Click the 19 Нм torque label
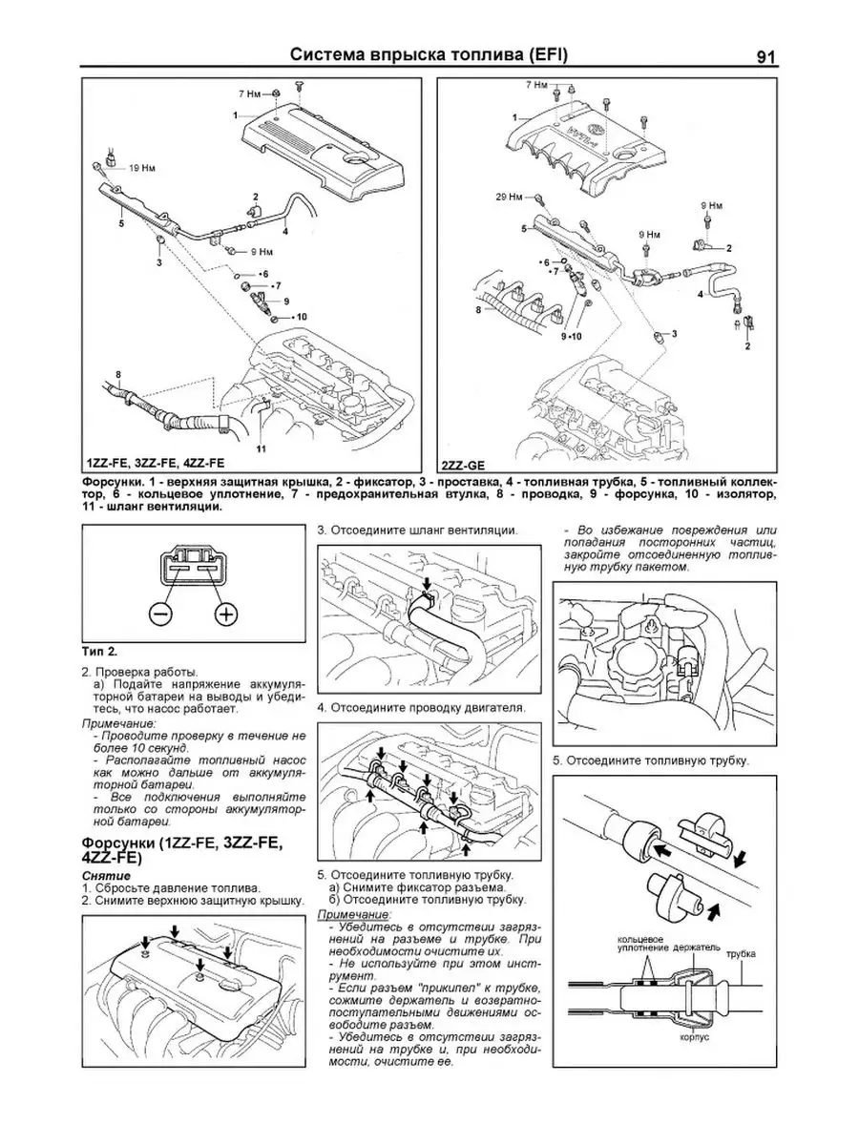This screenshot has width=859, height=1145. click(140, 168)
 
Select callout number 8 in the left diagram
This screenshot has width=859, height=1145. click(117, 373)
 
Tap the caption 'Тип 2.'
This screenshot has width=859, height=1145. click(99, 652)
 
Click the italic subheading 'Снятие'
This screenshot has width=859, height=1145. click(99, 875)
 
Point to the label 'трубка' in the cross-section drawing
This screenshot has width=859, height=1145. click(740, 953)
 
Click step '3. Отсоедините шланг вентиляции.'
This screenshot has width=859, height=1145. click(418, 530)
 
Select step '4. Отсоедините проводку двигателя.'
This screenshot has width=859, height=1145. click(421, 708)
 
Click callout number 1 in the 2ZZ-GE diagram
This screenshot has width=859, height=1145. click(515, 116)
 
